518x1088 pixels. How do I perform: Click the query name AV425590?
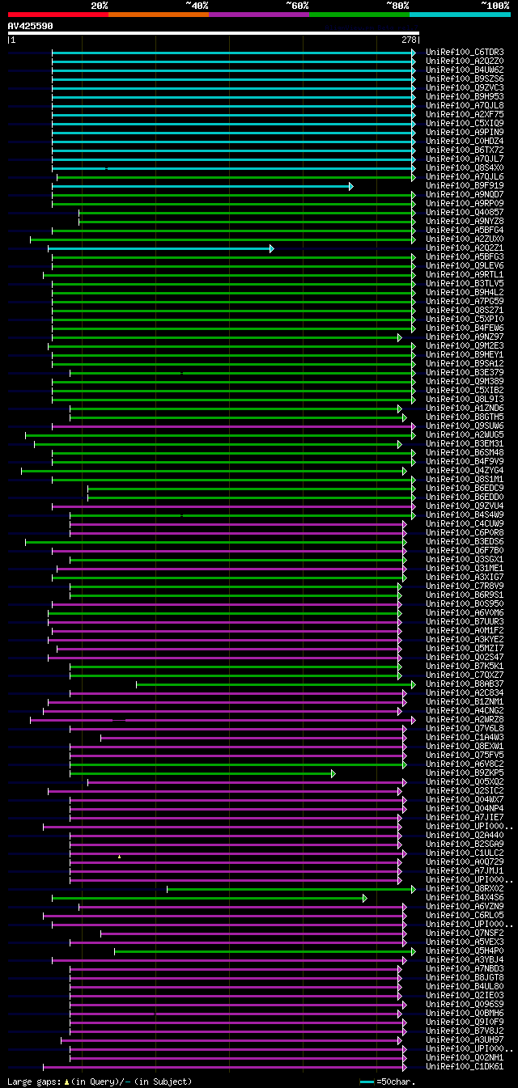pyautogui.click(x=30, y=26)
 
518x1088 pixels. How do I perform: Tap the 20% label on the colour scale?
pyautogui.click(x=100, y=5)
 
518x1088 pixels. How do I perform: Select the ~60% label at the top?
pyautogui.click(x=297, y=5)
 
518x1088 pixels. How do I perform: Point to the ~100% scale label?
pyautogui.click(x=495, y=5)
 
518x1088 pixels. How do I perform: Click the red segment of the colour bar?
pyautogui.click(x=57, y=14)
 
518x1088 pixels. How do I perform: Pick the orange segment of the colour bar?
pyautogui.click(x=158, y=14)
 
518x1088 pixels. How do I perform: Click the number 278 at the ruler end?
pyautogui.click(x=409, y=39)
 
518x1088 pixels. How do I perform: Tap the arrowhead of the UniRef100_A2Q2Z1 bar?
pyautogui.click(x=272, y=248)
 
